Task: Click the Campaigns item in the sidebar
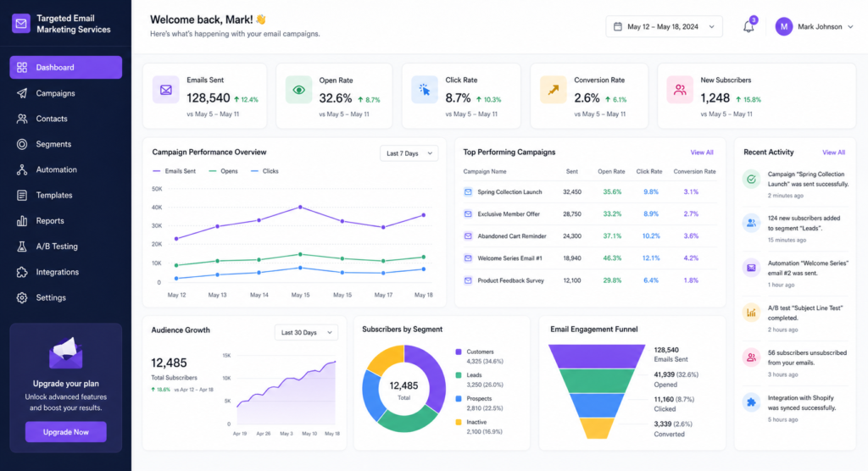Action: coord(55,93)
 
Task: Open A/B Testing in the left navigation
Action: coord(56,247)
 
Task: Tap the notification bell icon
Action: coord(748,27)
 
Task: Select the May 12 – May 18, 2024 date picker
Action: coord(665,27)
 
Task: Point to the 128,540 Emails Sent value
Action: coord(208,98)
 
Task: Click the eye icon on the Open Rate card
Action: coord(298,89)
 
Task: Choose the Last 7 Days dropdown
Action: coord(409,153)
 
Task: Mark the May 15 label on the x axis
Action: coord(300,295)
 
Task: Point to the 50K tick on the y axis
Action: coord(157,190)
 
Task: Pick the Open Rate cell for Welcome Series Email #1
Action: coord(612,258)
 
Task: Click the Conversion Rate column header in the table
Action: coord(694,171)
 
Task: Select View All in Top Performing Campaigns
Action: coord(702,152)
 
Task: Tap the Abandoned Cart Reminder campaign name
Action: coord(511,236)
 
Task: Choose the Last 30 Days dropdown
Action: coord(306,332)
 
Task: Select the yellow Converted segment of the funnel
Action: coord(598,428)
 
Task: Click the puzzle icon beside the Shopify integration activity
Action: coord(750,402)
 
